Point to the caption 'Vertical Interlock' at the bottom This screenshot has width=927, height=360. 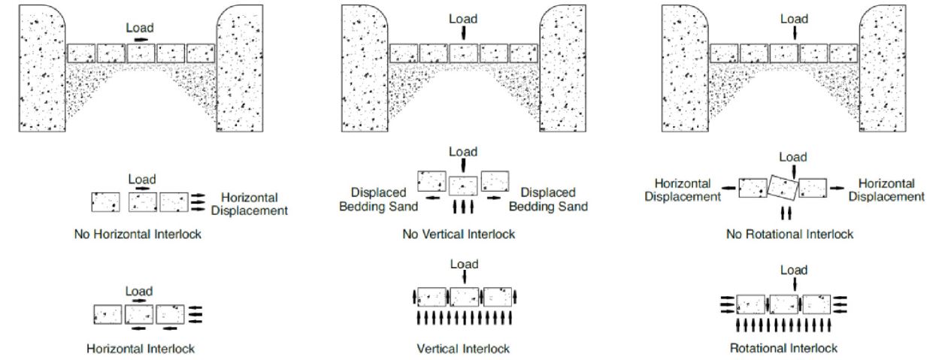[463, 349]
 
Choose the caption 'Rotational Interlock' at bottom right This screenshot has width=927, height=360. [784, 349]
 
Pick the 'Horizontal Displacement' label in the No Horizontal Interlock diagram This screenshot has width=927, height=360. [249, 204]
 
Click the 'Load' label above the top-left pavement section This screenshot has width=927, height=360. [141, 27]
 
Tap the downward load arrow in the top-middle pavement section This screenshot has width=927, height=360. [464, 32]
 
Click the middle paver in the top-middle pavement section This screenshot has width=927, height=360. [464, 53]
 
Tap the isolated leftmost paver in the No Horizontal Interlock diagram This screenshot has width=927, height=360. [105, 202]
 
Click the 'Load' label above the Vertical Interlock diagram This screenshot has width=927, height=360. [464, 264]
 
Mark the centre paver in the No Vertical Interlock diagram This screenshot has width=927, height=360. [463, 185]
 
